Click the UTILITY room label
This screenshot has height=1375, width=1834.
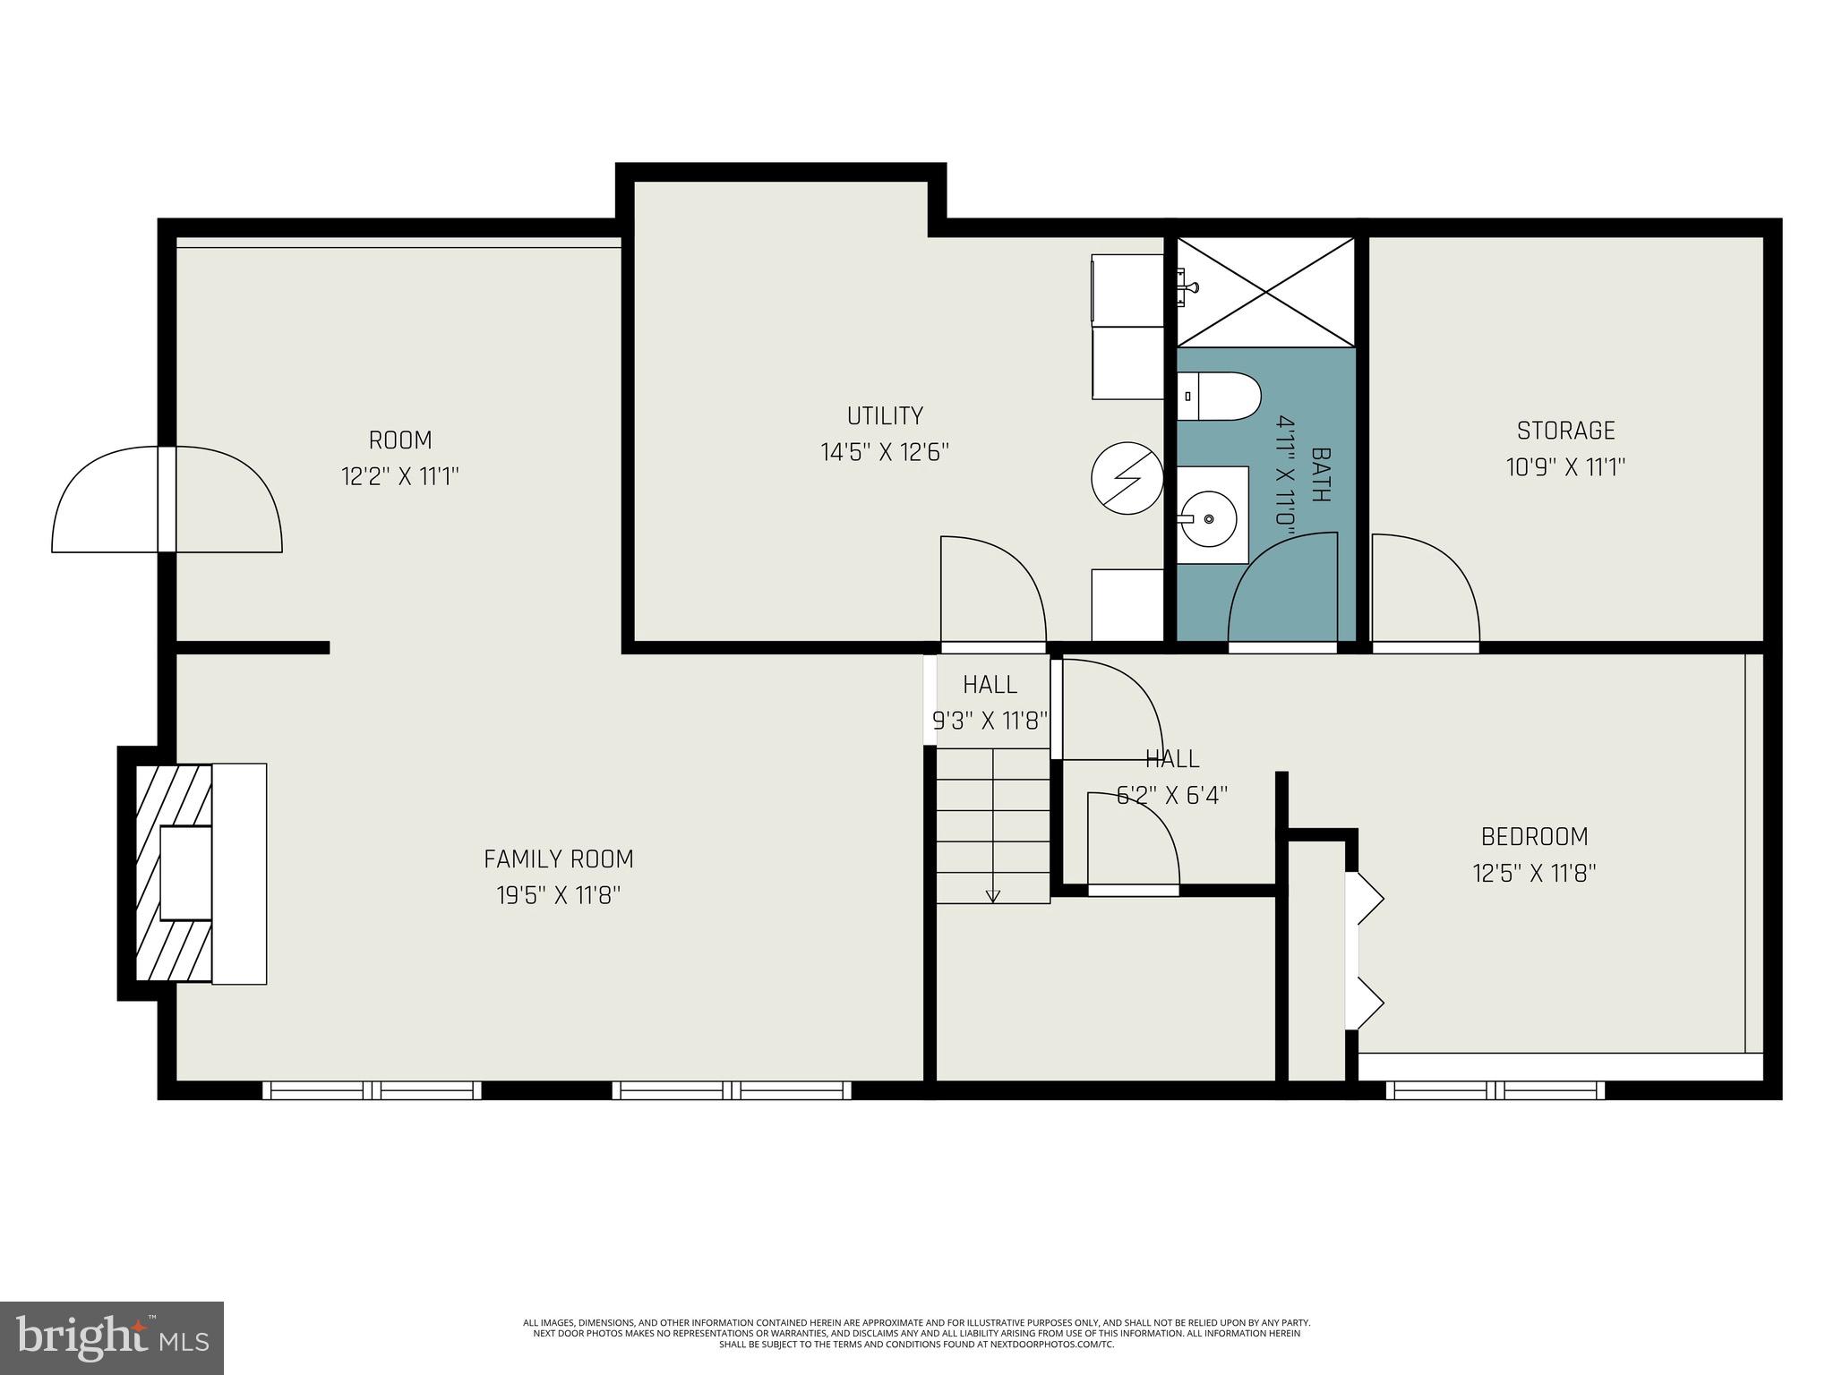click(x=885, y=416)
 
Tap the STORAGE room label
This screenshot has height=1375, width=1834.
click(x=1565, y=431)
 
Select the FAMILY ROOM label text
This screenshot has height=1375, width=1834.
click(x=559, y=859)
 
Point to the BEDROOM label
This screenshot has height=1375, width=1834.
click(x=1534, y=837)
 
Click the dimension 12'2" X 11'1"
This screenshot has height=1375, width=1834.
click(x=400, y=476)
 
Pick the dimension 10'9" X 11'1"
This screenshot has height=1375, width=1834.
click(x=1565, y=467)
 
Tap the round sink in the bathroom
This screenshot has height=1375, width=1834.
click(x=1208, y=518)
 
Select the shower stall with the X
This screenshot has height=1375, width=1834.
click(x=1265, y=291)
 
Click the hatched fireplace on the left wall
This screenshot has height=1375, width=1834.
click(x=173, y=874)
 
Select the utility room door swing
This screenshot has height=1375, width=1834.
click(x=992, y=591)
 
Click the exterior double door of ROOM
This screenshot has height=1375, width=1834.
click(x=167, y=500)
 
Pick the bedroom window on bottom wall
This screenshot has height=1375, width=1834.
click(x=1495, y=1089)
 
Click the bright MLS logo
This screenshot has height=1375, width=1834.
click(x=112, y=1337)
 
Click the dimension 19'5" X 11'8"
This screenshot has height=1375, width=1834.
click(x=559, y=895)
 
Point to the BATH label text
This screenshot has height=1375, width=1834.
click(x=1319, y=475)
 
